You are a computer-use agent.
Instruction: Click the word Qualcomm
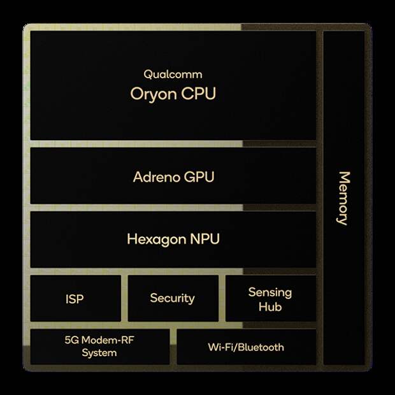pyautogui.click(x=173, y=75)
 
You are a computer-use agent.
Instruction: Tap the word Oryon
pyautogui.click(x=154, y=94)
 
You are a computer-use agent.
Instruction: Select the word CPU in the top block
pyautogui.click(x=199, y=94)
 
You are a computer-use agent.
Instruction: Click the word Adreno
pyautogui.click(x=156, y=177)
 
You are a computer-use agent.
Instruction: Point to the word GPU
pyautogui.click(x=199, y=177)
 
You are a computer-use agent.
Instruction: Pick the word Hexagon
pyautogui.click(x=156, y=240)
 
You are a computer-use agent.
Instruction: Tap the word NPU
pyautogui.click(x=205, y=239)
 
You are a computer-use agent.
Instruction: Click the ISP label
pyautogui.click(x=75, y=299)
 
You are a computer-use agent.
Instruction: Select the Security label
pyautogui.click(x=172, y=299)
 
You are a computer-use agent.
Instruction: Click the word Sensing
pyautogui.click(x=270, y=293)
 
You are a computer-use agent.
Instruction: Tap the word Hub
pyautogui.click(x=270, y=307)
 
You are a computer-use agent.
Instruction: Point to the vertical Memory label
pyautogui.click(x=343, y=198)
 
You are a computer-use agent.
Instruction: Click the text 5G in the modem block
pyautogui.click(x=71, y=340)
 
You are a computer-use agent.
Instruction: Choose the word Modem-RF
pyautogui.click(x=108, y=340)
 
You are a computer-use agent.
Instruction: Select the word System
pyautogui.click(x=99, y=353)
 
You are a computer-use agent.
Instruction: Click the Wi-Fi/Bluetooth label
pyautogui.click(x=246, y=347)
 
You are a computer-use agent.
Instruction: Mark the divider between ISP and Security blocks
pyautogui.click(x=124, y=298)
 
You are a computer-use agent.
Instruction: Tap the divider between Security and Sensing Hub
pyautogui.click(x=222, y=298)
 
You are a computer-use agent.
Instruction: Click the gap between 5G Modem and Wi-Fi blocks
pyautogui.click(x=173, y=347)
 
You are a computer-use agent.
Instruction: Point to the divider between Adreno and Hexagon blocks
pyautogui.click(x=173, y=208)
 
